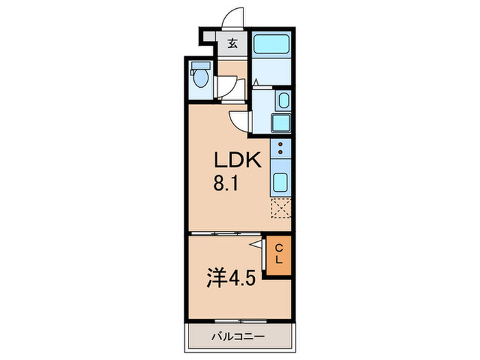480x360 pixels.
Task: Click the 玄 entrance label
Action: coord(233,45)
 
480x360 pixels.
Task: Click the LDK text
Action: coord(237,161)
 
